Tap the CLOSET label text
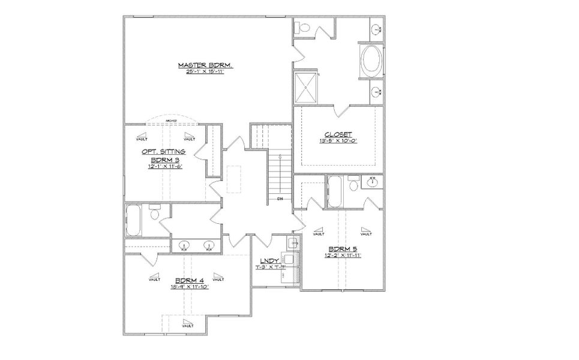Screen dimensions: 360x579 tap(338, 134)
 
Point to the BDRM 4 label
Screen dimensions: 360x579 tap(189, 280)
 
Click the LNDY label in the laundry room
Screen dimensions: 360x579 tap(268, 260)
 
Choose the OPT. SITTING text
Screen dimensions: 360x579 tap(163, 152)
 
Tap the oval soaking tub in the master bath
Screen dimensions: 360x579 tap(370, 61)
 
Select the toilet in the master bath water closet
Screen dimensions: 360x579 tap(304, 27)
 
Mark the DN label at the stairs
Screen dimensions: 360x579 tap(280, 197)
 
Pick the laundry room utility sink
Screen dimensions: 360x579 tap(293, 243)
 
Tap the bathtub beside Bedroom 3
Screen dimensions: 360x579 tap(133, 220)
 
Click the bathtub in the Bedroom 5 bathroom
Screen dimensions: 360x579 tap(335, 191)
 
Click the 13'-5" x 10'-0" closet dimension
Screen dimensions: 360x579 tap(338, 142)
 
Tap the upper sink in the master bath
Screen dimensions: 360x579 tap(376, 28)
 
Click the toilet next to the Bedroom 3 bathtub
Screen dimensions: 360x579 tap(155, 213)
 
